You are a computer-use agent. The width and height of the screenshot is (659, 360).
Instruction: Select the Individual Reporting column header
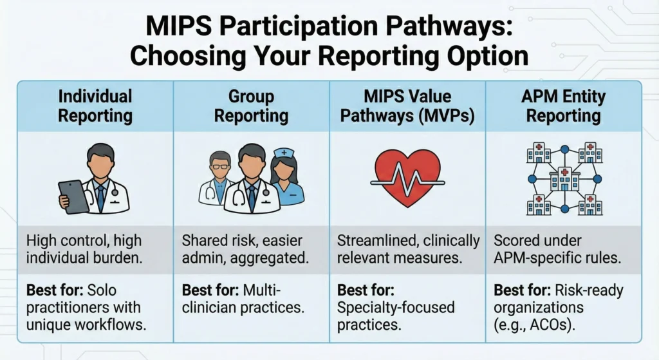pos(95,106)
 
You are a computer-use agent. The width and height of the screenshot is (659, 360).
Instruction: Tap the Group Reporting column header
pos(252,106)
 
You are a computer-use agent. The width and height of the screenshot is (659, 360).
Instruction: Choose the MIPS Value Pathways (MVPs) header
pos(407,106)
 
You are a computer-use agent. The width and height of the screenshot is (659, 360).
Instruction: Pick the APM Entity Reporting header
pos(564,106)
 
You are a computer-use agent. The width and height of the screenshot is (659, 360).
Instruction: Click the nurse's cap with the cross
pos(283,154)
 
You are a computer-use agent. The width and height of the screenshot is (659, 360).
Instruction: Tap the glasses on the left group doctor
pos(220,166)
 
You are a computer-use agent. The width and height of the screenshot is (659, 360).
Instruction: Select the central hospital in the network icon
pos(564,178)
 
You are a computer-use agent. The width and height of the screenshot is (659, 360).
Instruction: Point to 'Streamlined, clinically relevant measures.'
pos(409,250)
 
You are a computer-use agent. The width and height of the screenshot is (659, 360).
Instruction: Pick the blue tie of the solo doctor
pos(101,196)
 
